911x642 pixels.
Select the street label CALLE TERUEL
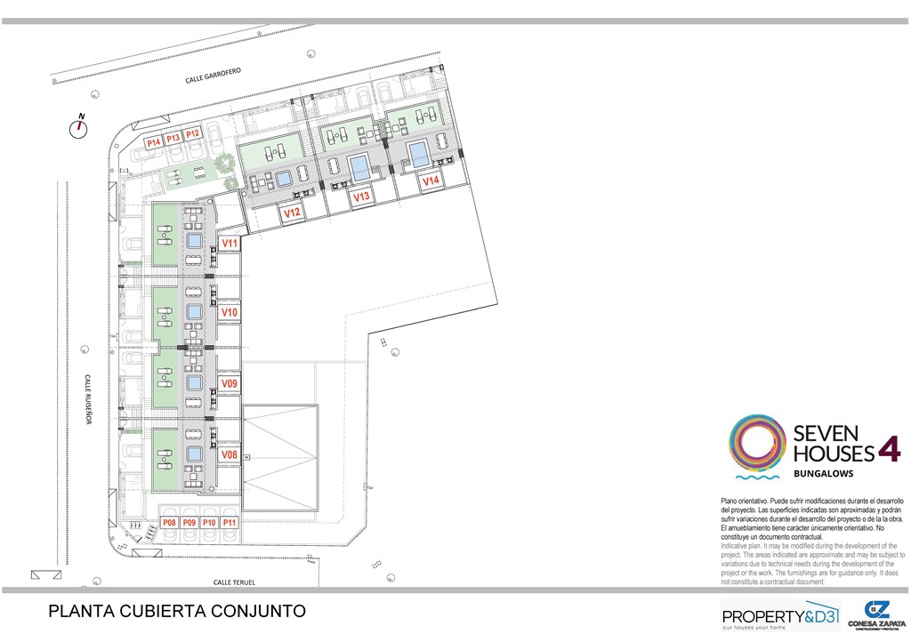tap(234, 582)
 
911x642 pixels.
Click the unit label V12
tap(291, 213)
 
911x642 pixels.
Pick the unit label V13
tap(361, 197)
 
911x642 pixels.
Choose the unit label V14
tap(431, 181)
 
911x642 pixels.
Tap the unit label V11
tap(230, 243)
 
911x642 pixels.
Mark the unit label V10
tap(230, 312)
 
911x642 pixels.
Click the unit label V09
tap(230, 383)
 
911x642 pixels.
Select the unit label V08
tap(230, 454)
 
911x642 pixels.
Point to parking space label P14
tap(153, 141)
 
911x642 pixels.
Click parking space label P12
tap(192, 133)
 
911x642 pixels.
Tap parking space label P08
tap(170, 523)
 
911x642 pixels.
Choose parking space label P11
tap(230, 523)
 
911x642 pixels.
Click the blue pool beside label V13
tap(359, 166)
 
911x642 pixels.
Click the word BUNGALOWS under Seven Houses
tap(823, 474)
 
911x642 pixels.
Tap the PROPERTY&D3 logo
tap(779, 616)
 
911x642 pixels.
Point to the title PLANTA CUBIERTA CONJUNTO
tap(177, 612)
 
